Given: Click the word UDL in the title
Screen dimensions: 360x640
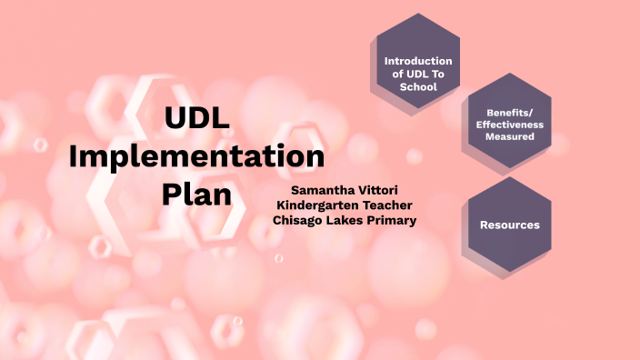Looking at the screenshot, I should [x=196, y=118].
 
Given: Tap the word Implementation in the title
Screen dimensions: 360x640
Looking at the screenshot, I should [x=196, y=155].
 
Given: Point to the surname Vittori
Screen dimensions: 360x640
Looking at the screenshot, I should [x=374, y=190].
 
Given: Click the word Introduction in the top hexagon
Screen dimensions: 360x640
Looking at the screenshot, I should [x=418, y=61].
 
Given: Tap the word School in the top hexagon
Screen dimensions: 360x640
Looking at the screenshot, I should [x=418, y=87].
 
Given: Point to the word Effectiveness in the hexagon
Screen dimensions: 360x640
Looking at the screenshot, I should [x=509, y=125].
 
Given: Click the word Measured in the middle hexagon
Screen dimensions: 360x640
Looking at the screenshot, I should [x=509, y=137].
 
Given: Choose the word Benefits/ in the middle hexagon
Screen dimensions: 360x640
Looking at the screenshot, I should [x=509, y=112].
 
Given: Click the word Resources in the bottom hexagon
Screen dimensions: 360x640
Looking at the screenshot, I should [x=509, y=224].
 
